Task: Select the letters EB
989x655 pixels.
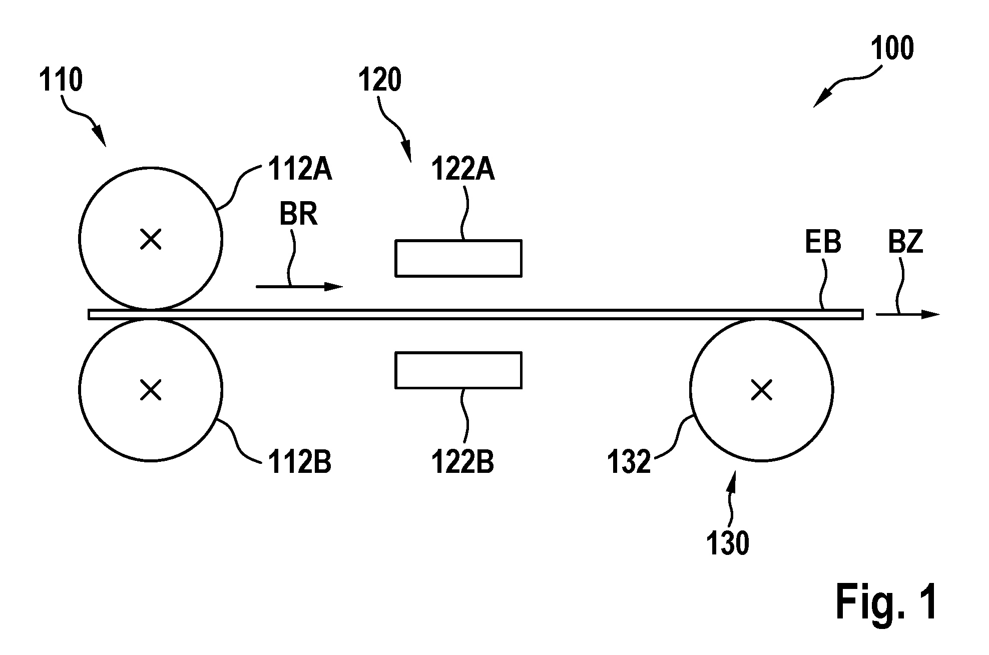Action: [x=823, y=242]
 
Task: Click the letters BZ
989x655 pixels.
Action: [x=905, y=242]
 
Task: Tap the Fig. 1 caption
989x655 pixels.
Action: [x=886, y=602]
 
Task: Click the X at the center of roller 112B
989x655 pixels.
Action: [x=151, y=390]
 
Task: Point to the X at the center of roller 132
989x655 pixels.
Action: [x=762, y=390]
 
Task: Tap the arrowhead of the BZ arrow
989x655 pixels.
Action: [x=931, y=315]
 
